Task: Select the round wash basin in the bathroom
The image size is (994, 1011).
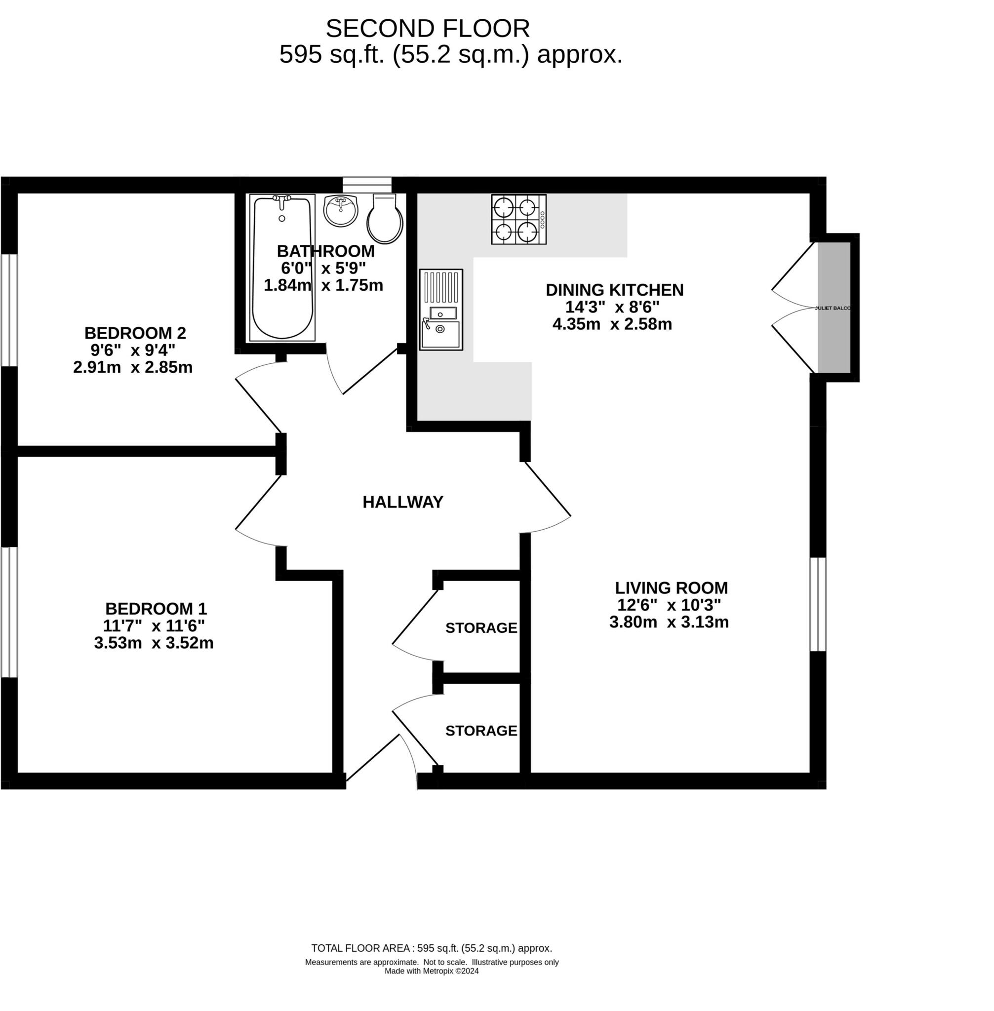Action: (x=340, y=210)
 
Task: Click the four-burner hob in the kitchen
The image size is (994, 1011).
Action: (x=518, y=219)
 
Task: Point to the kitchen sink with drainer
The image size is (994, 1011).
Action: (x=440, y=310)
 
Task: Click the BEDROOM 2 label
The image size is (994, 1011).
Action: (x=135, y=333)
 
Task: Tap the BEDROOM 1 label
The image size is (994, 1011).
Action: (x=156, y=609)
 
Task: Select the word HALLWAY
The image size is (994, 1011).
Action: (x=402, y=502)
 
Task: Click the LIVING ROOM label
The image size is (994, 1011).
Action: (x=671, y=588)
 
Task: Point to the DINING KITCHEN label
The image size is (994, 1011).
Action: (x=614, y=290)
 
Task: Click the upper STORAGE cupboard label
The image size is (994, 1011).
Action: (x=481, y=628)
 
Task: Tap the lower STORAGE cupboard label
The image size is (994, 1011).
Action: (x=481, y=731)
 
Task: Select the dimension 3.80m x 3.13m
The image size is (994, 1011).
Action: (x=669, y=622)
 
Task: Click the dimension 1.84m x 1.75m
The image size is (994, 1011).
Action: (x=323, y=285)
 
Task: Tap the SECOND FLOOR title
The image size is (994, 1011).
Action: (x=428, y=29)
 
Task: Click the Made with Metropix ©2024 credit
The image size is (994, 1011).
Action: (x=431, y=971)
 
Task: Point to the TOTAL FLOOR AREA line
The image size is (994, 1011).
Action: (x=431, y=948)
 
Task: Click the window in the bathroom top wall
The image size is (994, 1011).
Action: (x=366, y=185)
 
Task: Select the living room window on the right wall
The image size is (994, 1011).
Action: (x=818, y=604)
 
